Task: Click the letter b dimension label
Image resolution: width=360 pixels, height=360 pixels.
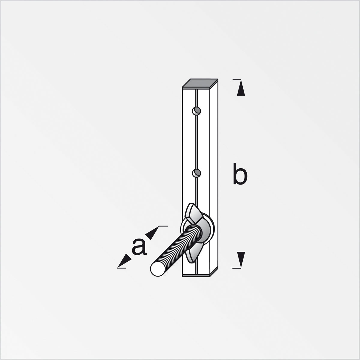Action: point(240,174)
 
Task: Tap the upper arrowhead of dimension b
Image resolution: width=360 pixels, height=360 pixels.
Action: point(241,89)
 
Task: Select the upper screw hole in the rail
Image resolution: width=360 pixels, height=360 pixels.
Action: point(196,111)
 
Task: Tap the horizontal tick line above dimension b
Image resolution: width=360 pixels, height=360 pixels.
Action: point(237,79)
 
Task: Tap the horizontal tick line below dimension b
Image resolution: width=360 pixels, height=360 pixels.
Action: point(237,268)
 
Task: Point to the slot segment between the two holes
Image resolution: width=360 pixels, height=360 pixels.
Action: point(196,141)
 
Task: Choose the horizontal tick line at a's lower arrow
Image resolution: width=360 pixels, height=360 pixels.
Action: point(121,268)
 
